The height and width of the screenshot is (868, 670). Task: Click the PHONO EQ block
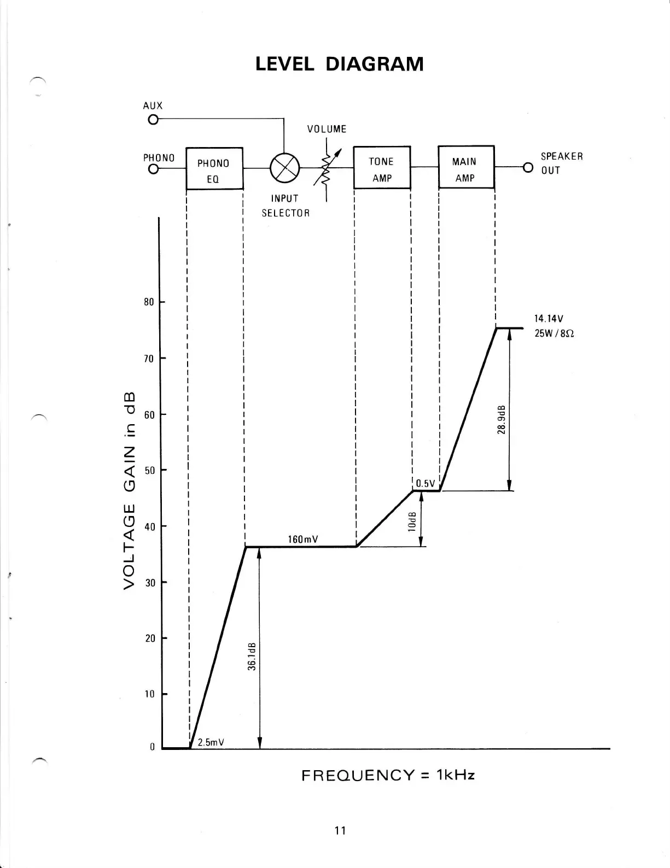(x=214, y=168)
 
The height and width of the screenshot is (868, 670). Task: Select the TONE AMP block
(x=382, y=167)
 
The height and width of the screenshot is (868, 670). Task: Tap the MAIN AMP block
(x=466, y=167)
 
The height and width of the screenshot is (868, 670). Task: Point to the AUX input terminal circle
(x=153, y=120)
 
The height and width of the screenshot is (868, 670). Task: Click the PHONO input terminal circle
(x=153, y=169)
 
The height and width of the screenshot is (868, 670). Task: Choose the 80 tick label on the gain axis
(x=149, y=302)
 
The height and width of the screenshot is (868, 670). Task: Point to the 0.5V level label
(x=425, y=483)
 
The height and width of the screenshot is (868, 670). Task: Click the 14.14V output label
(x=549, y=318)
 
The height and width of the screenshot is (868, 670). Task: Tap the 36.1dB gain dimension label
(x=252, y=655)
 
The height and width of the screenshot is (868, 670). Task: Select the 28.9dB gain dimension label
(x=502, y=420)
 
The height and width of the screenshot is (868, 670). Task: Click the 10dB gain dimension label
(x=412, y=522)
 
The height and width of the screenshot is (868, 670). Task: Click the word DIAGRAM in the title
(x=374, y=64)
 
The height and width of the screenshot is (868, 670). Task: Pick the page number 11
(x=340, y=831)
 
